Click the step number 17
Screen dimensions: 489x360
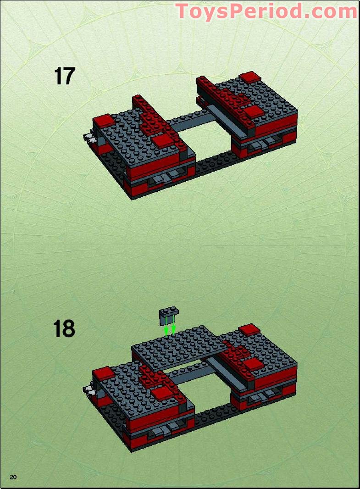tap(64, 77)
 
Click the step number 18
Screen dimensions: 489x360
tap(64, 329)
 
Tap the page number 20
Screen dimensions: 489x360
tap(13, 478)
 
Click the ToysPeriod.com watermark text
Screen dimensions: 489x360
tap(266, 11)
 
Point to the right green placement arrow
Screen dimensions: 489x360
tap(173, 329)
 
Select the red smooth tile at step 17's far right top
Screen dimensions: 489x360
tap(250, 77)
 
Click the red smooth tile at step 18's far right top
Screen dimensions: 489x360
tap(250, 329)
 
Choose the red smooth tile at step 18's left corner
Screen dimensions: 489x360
tap(103, 373)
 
